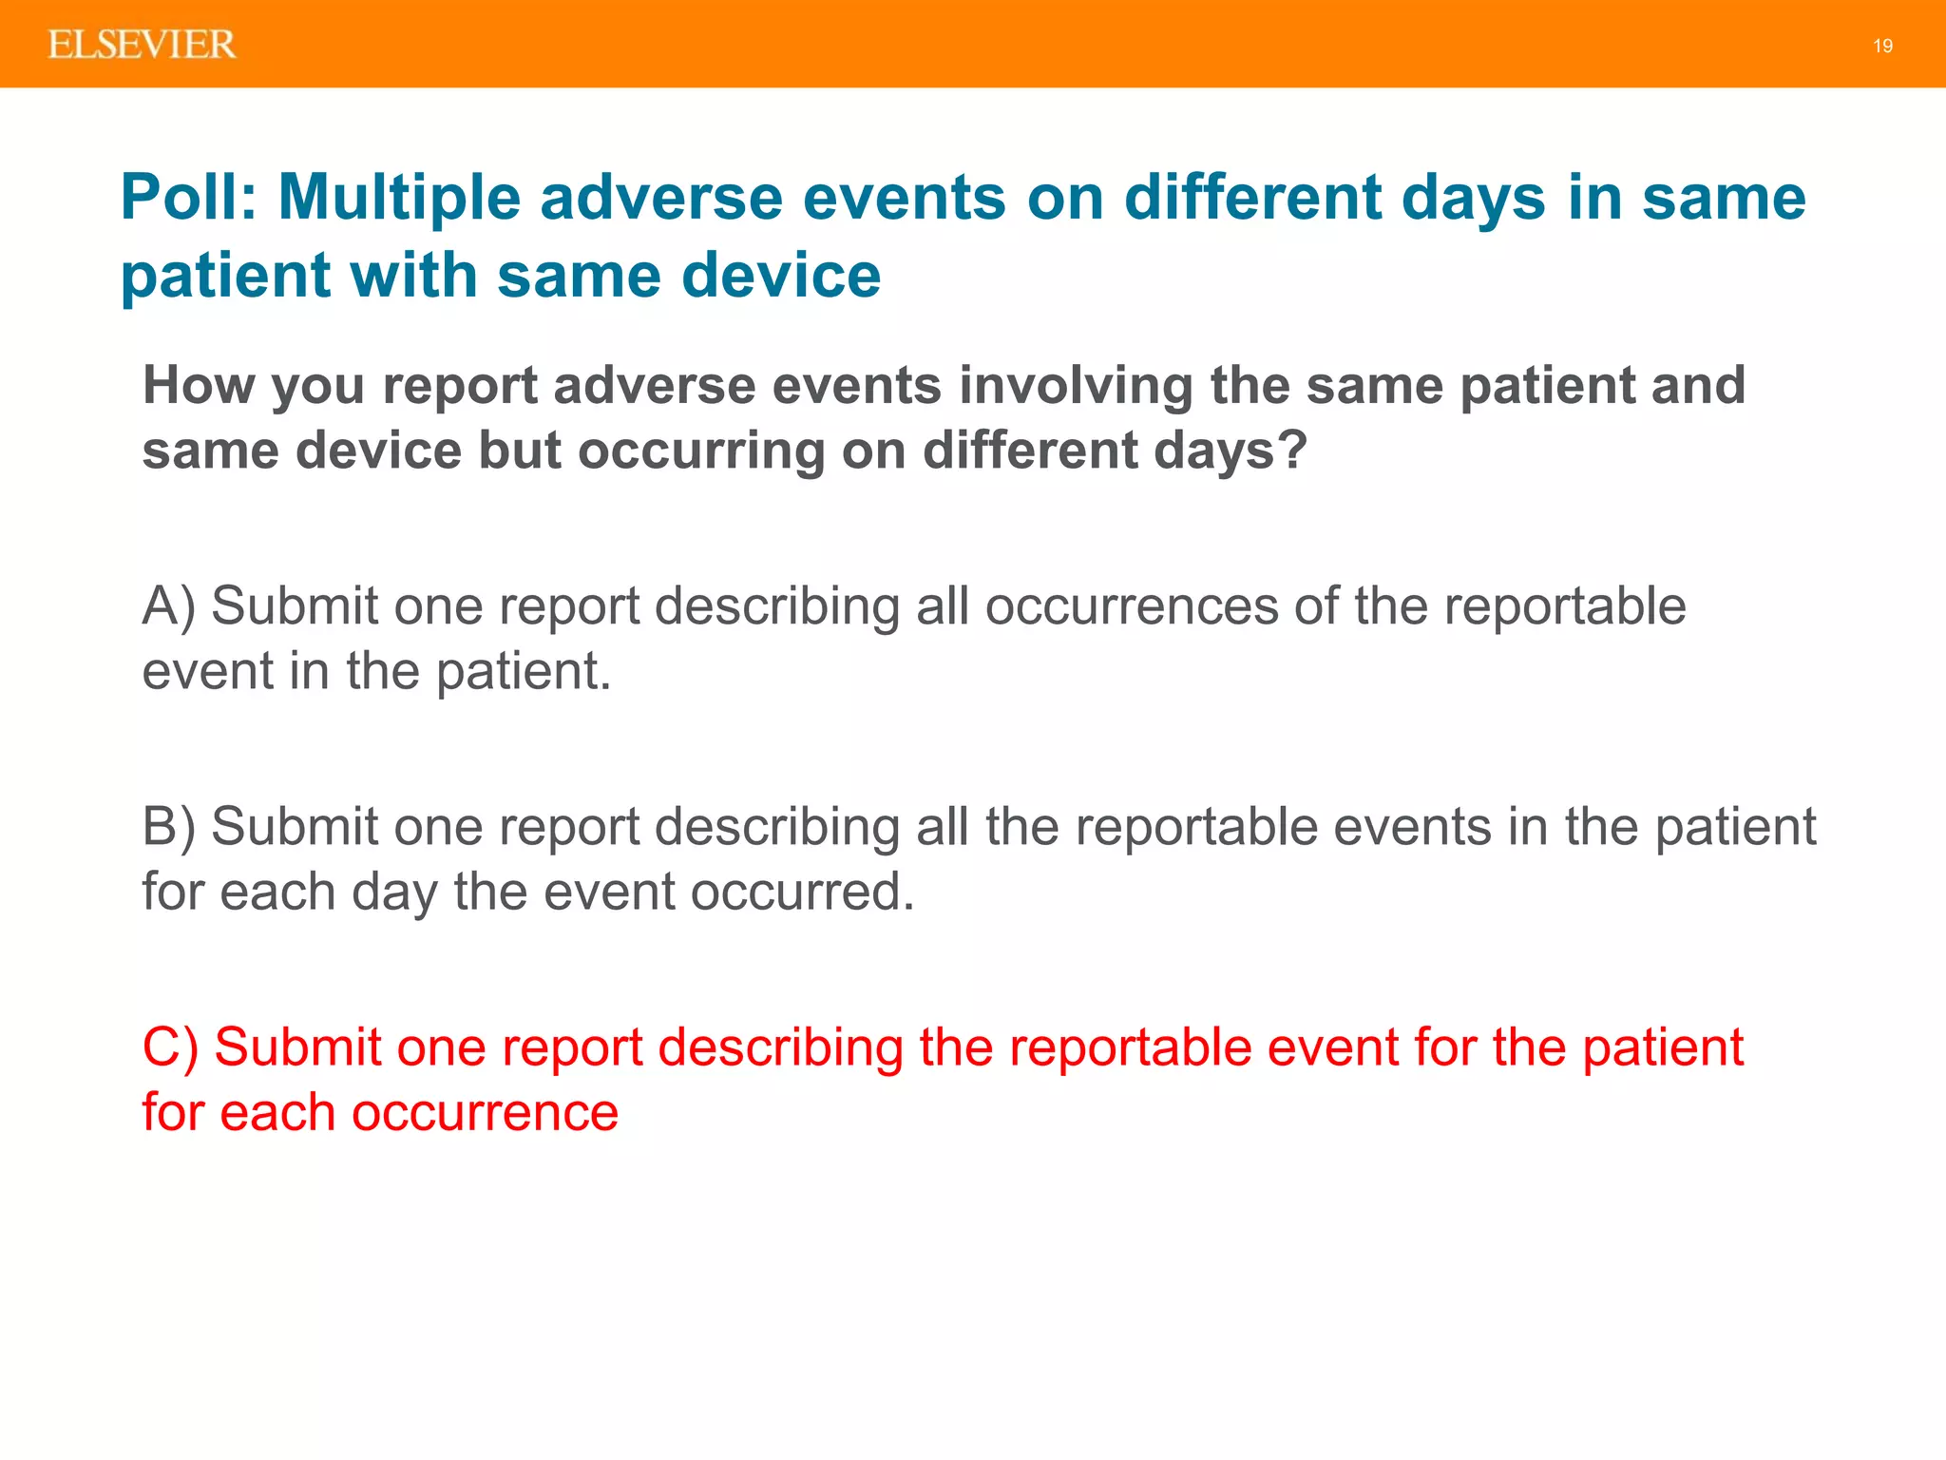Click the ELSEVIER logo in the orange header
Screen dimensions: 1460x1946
click(142, 45)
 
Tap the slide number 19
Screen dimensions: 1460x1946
click(1882, 46)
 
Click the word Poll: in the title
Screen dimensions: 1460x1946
click(188, 198)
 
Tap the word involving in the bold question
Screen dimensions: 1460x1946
click(1075, 385)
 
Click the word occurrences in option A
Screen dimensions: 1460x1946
click(1131, 606)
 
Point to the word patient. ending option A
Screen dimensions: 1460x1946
click(524, 671)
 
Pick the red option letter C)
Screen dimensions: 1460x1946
click(170, 1047)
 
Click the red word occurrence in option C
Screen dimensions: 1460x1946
click(485, 1112)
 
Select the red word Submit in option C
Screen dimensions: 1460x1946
click(297, 1047)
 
